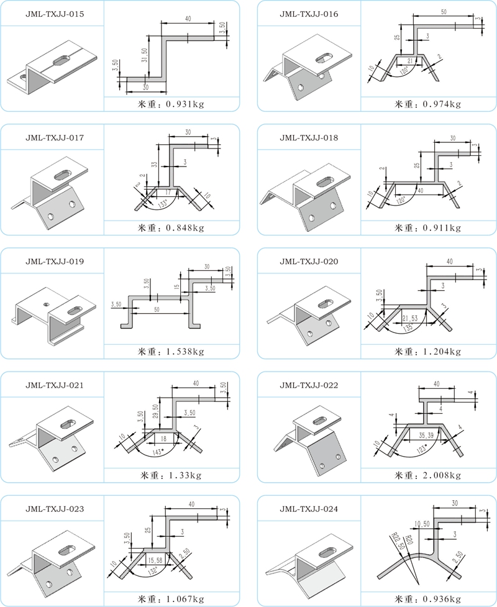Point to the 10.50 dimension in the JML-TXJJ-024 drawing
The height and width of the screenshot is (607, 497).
point(422,523)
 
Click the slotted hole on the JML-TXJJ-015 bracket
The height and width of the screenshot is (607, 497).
point(62,60)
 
